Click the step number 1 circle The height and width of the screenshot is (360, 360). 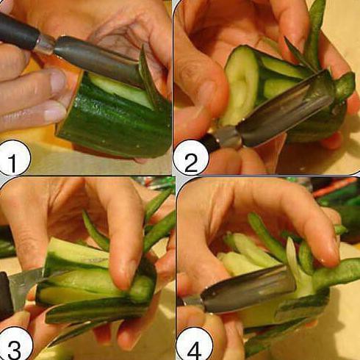(x=12, y=159)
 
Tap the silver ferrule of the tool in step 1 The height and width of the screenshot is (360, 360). (x=46, y=44)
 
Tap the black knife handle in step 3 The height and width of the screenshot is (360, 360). (x=5, y=294)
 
